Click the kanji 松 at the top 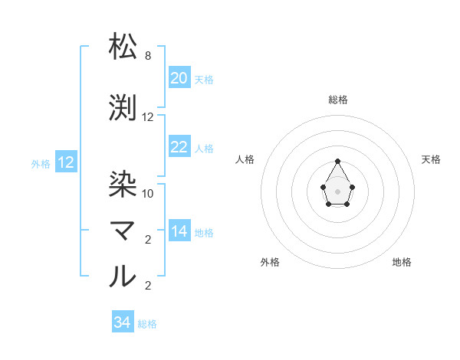pyautogui.click(x=123, y=47)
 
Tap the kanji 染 pyautogui.click(x=123, y=184)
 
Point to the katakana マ pyautogui.click(x=123, y=231)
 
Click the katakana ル pyautogui.click(x=123, y=277)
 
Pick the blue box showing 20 pyautogui.click(x=179, y=78)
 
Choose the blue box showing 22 pyautogui.click(x=179, y=147)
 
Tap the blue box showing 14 pyautogui.click(x=179, y=231)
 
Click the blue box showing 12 pyautogui.click(x=66, y=162)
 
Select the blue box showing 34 pyautogui.click(x=123, y=322)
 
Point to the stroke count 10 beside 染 pyautogui.click(x=148, y=193)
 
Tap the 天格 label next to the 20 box pyautogui.click(x=204, y=79)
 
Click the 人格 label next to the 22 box pyautogui.click(x=204, y=148)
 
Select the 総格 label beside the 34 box pyautogui.click(x=147, y=323)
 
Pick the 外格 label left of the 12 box pyautogui.click(x=41, y=163)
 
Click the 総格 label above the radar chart pyautogui.click(x=337, y=100)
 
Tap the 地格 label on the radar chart pyautogui.click(x=402, y=262)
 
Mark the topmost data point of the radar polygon pyautogui.click(x=337, y=161)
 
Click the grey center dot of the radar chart pyautogui.click(x=337, y=190)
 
